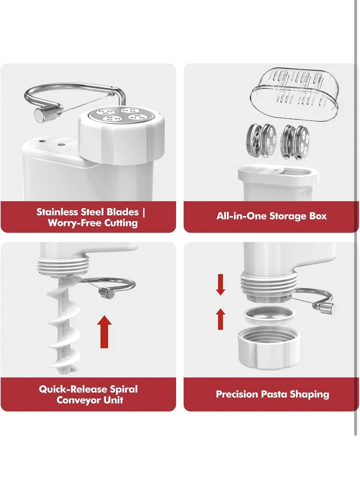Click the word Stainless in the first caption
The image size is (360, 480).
point(57,212)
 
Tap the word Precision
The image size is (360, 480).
point(237,394)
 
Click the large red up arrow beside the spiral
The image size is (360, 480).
point(104,332)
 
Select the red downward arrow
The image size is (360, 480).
point(221,285)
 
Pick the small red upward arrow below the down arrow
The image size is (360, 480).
point(221,319)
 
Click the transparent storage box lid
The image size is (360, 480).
point(295,94)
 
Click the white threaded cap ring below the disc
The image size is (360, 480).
point(268,347)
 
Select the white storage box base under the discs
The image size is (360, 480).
point(278,182)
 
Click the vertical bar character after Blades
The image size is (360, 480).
point(144,212)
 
